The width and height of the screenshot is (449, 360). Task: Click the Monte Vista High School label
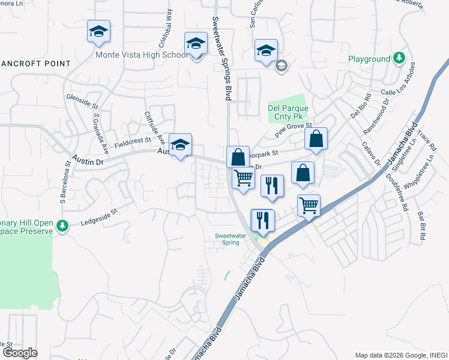point(142,55)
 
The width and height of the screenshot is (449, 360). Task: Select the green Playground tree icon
point(399,59)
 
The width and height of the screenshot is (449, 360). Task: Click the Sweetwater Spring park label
point(231,239)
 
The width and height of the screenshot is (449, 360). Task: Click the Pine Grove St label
point(294,130)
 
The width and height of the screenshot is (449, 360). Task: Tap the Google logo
point(19,353)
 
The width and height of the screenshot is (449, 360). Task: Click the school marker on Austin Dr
point(180,145)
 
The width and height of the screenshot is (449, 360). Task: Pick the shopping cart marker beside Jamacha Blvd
point(309,206)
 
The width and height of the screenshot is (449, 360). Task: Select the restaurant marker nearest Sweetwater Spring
point(263,220)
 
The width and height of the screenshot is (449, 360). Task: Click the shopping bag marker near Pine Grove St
point(316,139)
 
